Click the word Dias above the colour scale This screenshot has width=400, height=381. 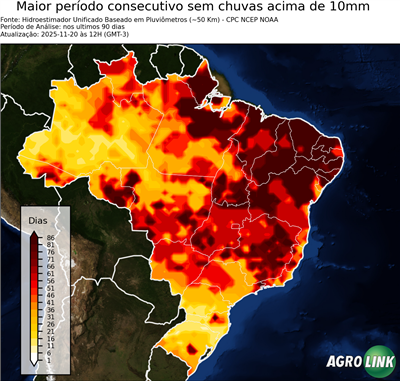(38, 218)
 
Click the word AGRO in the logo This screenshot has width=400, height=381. (344, 363)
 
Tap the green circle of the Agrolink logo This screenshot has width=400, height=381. (381, 363)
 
